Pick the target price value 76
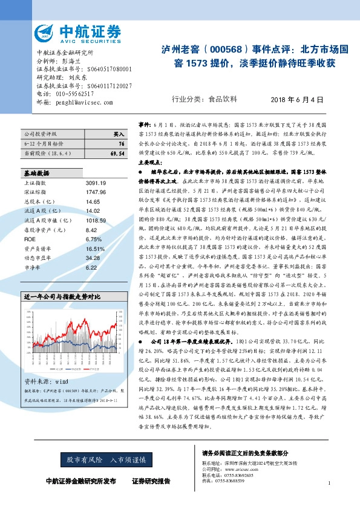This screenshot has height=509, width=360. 122,144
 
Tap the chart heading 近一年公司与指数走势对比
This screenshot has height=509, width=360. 61,297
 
